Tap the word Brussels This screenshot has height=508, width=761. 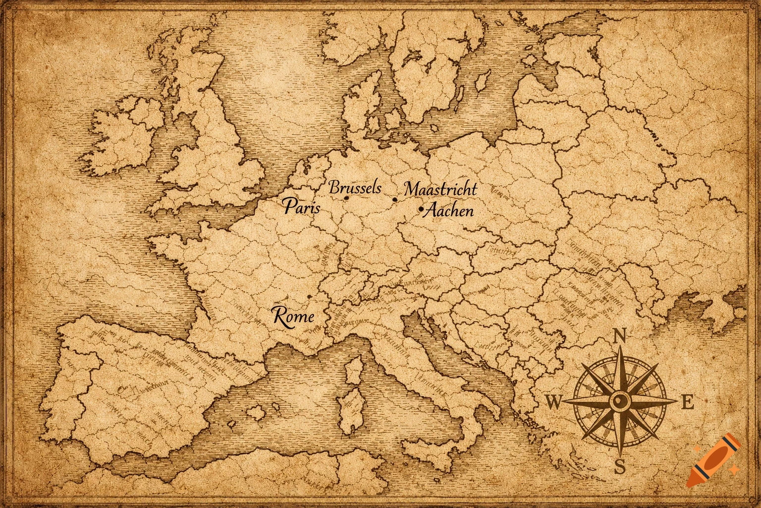point(355,188)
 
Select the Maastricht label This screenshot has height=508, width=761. point(440,189)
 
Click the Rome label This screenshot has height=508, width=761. point(293,316)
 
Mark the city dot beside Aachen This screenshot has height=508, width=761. point(421,210)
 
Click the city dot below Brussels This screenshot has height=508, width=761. point(346,198)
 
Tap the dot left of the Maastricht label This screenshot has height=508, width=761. point(395,200)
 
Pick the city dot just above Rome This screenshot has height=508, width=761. point(309,297)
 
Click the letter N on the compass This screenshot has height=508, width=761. point(619,336)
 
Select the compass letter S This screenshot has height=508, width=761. point(620,466)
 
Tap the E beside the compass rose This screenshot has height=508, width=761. point(687,403)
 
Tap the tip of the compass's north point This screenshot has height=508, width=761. point(620,347)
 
